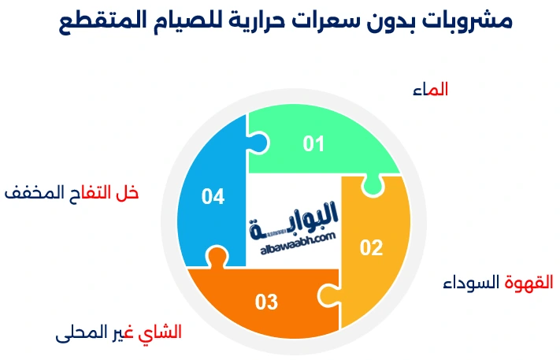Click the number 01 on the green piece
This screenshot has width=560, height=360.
tap(313, 143)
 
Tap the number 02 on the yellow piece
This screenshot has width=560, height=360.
tap(371, 247)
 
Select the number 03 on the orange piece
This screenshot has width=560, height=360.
tap(267, 302)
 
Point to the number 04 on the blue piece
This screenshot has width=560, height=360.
tap(213, 196)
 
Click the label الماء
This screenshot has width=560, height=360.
tap(430, 90)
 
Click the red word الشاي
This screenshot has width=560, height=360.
tap(160, 332)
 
